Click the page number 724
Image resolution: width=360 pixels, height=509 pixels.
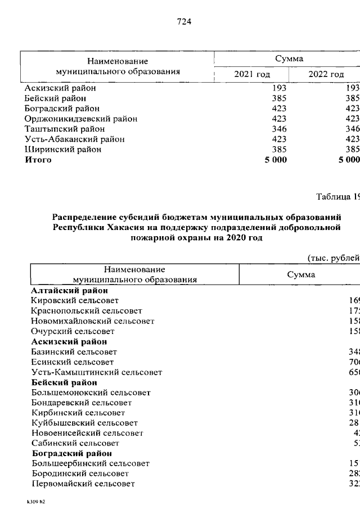pos(184,22)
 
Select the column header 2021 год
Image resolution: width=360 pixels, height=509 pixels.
pos(252,74)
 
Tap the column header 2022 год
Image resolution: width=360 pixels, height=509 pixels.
pos(326,74)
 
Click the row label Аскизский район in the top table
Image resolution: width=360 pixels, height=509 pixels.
pos(60,88)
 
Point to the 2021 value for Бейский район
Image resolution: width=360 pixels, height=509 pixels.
pos(279,98)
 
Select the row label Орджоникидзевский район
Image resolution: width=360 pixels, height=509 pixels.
pos(81,119)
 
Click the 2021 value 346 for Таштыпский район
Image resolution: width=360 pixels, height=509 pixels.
pos(279,129)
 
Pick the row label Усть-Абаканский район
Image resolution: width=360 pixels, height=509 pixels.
pos(74,139)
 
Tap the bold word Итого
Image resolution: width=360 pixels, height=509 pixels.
pos(38,160)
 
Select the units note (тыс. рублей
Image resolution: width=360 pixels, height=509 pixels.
pos(332,258)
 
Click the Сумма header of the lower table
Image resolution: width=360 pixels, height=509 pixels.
pos(301,274)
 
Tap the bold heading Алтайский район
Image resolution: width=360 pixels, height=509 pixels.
pos(70,291)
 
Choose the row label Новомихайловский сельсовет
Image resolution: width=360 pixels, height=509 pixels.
pos(93,321)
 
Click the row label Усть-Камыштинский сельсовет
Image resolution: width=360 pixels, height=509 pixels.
pos(97,372)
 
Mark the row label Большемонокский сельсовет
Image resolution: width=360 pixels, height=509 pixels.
pos(91,393)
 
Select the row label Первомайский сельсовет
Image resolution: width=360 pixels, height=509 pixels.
pos(83,484)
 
